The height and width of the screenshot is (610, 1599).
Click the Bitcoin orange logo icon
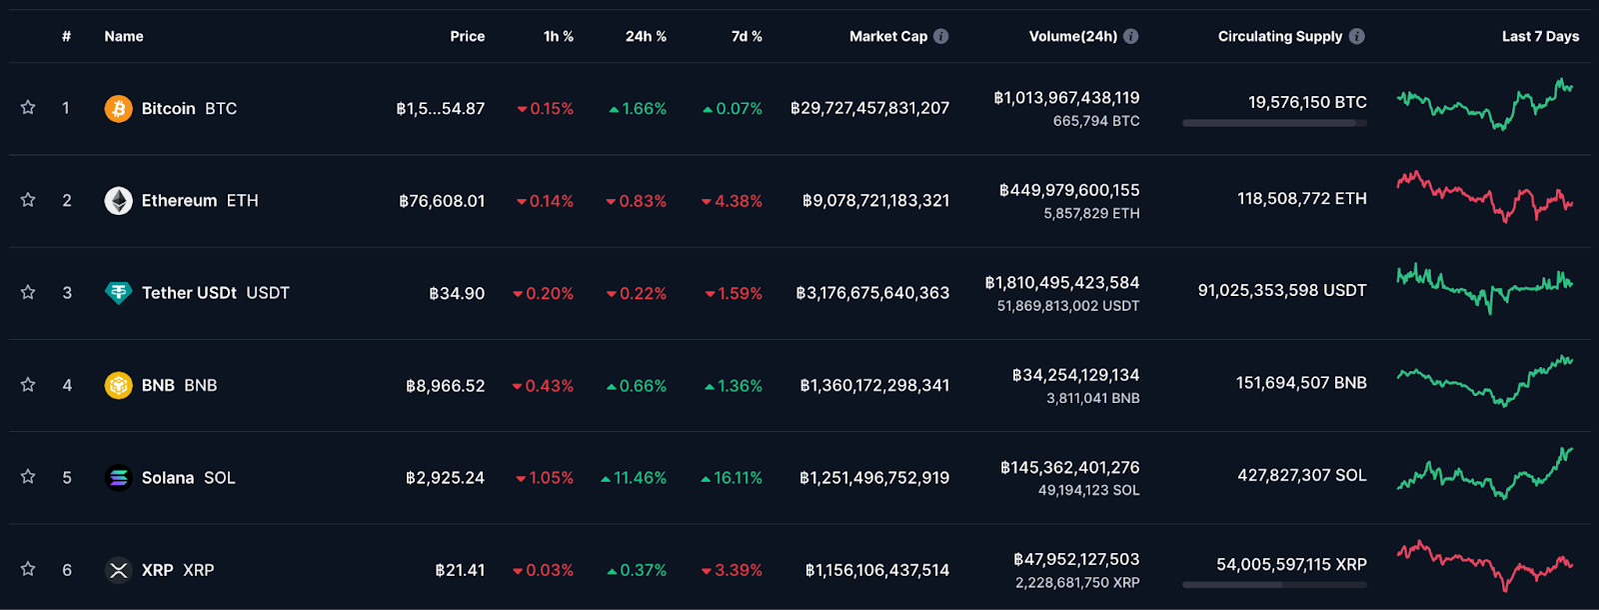click(x=119, y=109)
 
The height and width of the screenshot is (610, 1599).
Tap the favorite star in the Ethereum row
click(x=28, y=200)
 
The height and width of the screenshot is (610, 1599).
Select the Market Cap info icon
click(x=941, y=36)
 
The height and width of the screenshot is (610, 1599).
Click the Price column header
click(x=468, y=36)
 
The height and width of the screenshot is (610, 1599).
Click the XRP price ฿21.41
click(x=460, y=570)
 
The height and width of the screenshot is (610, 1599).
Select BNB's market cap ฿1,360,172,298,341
click(x=874, y=386)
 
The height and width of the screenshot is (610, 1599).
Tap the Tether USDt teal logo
click(x=119, y=293)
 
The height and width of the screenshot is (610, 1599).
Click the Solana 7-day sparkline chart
click(x=1485, y=474)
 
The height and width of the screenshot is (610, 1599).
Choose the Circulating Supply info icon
click(x=1357, y=36)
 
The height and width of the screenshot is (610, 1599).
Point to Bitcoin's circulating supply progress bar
click(x=1274, y=124)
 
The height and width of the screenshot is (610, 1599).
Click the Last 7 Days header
click(x=1540, y=36)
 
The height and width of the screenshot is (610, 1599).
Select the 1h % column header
click(x=559, y=36)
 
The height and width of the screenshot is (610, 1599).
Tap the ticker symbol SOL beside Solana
click(x=219, y=478)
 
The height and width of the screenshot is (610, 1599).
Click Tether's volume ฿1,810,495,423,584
click(x=1062, y=283)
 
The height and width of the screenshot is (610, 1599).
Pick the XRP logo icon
click(x=119, y=570)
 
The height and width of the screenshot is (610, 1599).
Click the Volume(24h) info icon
click(x=1130, y=36)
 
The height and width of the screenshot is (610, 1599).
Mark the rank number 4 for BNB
click(x=67, y=386)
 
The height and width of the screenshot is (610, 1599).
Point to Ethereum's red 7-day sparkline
click(x=1485, y=196)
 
